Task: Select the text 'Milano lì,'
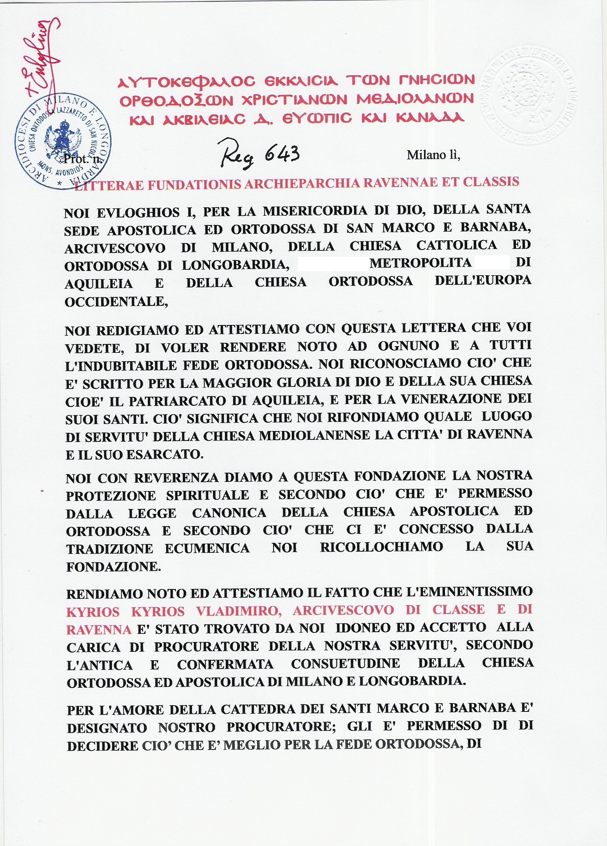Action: (433, 155)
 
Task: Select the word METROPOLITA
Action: (421, 263)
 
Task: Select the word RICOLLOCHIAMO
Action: (381, 547)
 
